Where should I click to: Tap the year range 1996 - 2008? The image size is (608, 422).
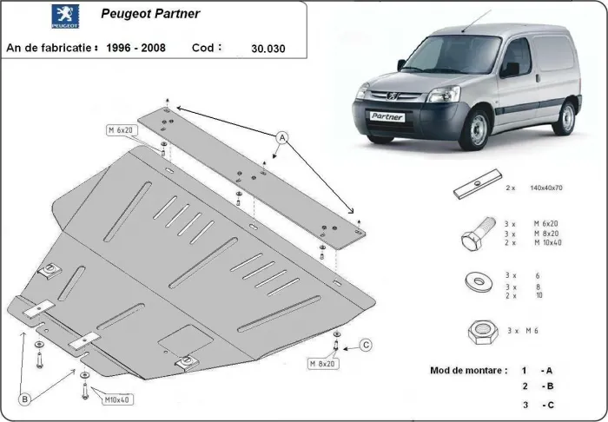click(133, 47)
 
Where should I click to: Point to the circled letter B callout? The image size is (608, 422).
click(25, 399)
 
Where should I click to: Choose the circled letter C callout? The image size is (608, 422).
click(366, 346)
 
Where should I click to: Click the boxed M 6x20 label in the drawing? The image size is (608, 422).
click(120, 130)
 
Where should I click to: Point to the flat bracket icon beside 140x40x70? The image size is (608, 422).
click(473, 188)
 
